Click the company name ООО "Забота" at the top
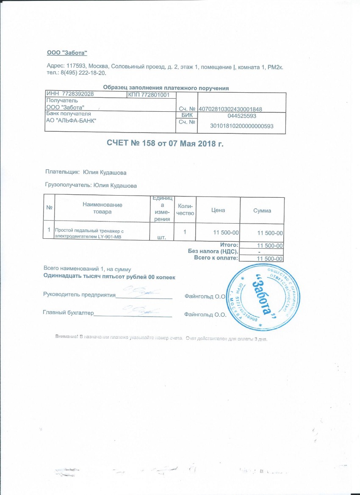coord(66,53)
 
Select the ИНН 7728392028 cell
coord(69,94)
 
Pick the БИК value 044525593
coord(241,116)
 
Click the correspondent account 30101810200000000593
coord(242,126)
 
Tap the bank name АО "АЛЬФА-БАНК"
coord(71,120)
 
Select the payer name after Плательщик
coord(104,172)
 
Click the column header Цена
coord(218,210)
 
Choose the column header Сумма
coord(262,210)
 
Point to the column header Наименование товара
coord(102,208)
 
